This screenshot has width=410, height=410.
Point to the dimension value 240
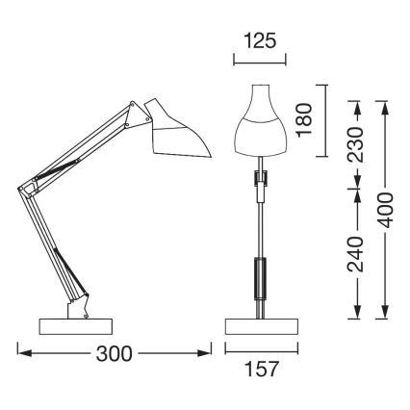[355, 253]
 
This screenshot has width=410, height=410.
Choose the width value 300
[115, 354]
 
